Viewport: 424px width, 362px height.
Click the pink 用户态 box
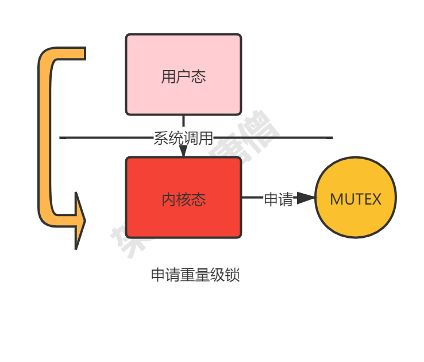point(183,75)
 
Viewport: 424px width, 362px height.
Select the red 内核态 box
point(183,197)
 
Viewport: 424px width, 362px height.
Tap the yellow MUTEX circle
point(356,197)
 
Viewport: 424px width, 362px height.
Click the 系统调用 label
point(183,138)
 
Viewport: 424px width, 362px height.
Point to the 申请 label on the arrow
point(279,199)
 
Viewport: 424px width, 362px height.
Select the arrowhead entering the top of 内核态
point(183,151)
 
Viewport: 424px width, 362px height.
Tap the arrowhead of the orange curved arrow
point(79,221)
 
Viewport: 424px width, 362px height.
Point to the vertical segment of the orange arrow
point(45,138)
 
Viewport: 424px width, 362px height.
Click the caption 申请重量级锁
point(195,275)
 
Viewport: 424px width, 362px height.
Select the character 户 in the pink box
point(183,76)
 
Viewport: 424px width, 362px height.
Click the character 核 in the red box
point(183,199)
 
